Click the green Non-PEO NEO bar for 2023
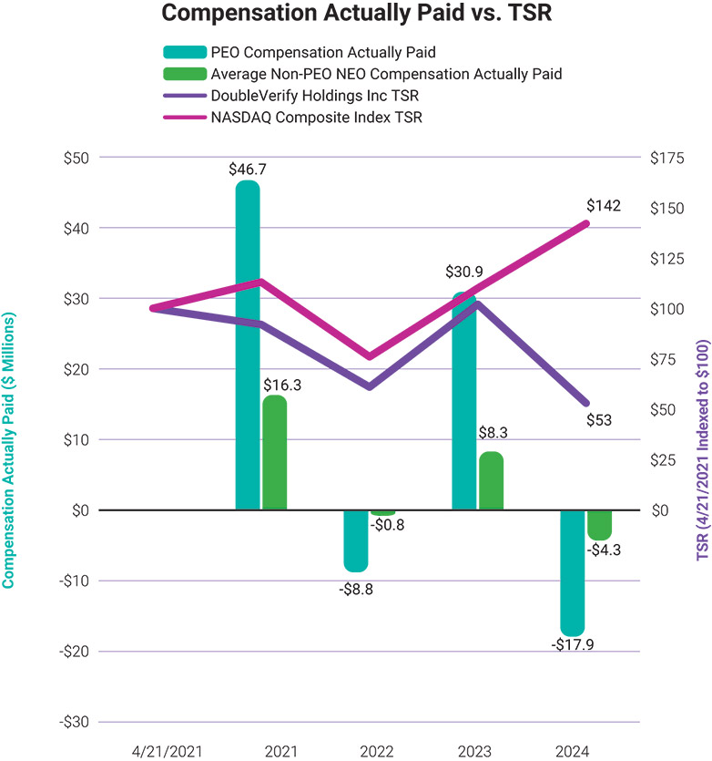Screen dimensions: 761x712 [x=491, y=469]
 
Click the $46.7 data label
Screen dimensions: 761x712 [x=247, y=169]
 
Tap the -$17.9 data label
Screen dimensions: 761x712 [x=572, y=644]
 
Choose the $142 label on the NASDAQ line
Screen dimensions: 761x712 [x=603, y=206]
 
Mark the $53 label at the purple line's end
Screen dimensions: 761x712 [x=600, y=420]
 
